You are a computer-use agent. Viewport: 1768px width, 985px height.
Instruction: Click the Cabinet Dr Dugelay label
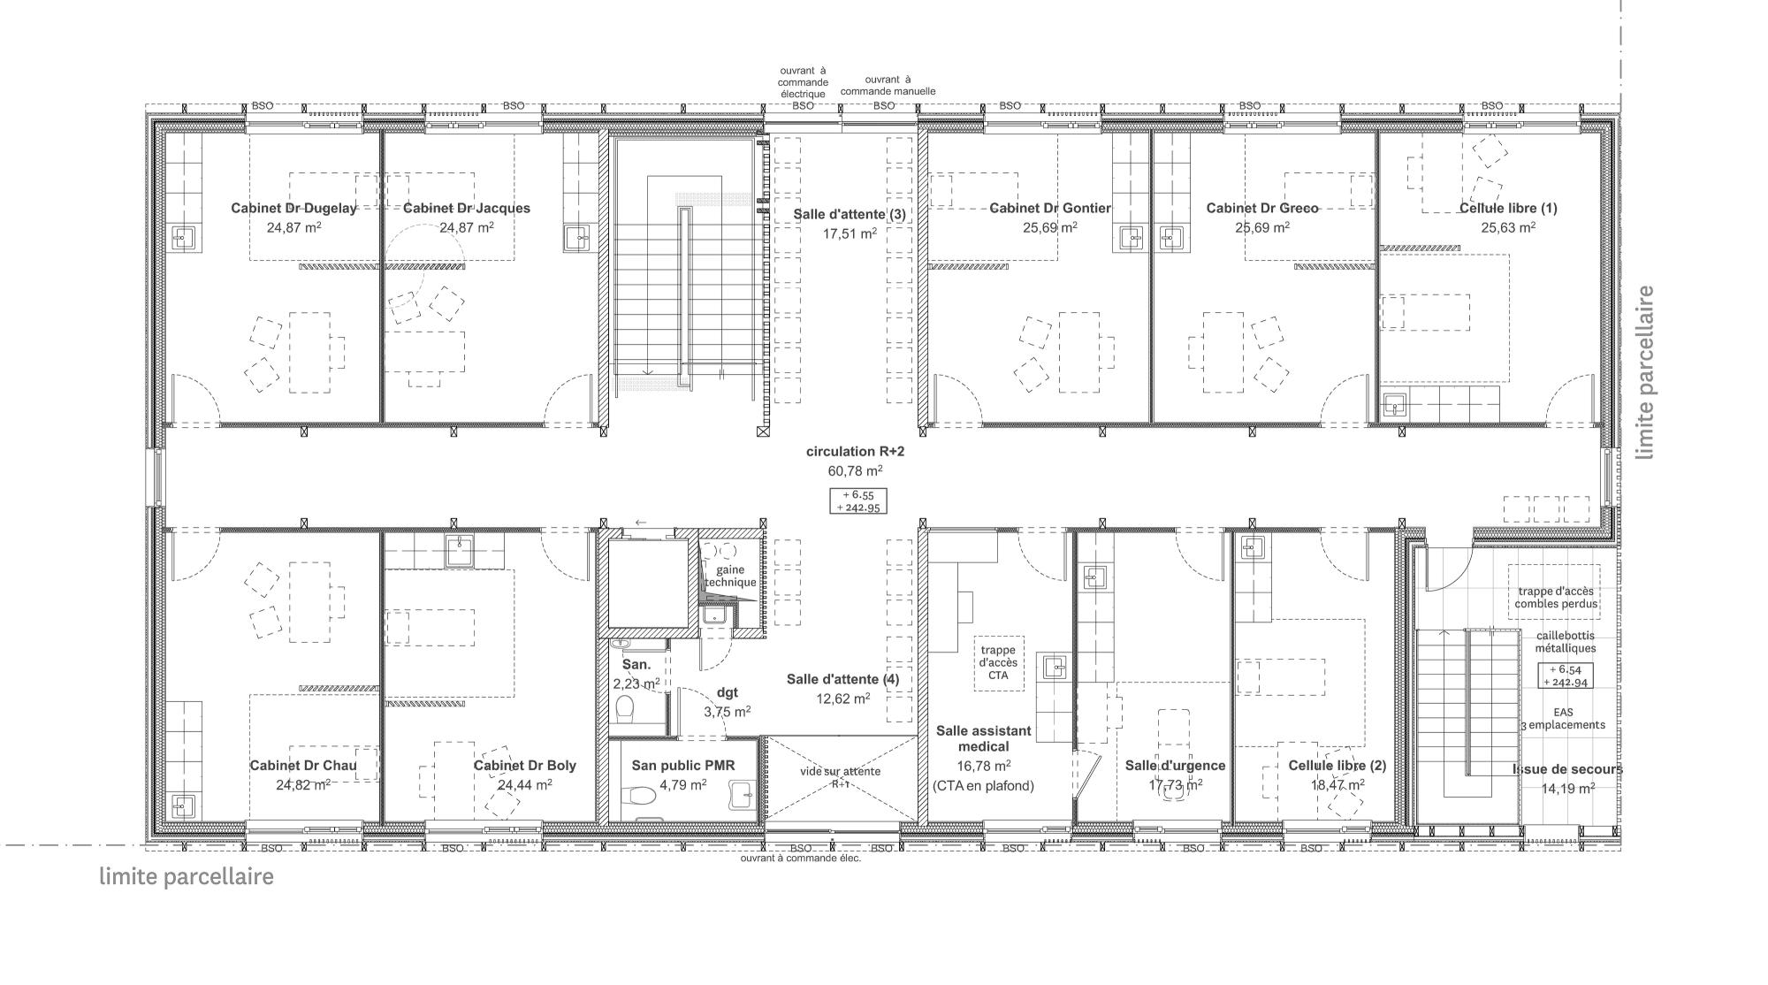pos(293,209)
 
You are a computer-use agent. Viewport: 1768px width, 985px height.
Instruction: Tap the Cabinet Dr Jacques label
pos(467,209)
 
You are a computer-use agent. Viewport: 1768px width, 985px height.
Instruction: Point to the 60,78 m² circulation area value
pos(855,470)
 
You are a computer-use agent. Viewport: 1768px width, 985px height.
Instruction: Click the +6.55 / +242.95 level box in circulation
pos(857,501)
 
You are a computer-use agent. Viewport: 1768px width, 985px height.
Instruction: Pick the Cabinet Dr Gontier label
pos(1050,209)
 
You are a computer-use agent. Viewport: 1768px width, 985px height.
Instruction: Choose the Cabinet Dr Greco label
pos(1262,209)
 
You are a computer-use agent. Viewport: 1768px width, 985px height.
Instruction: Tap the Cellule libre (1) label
pos(1508,209)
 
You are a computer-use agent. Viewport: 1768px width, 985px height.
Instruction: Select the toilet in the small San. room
pos(625,707)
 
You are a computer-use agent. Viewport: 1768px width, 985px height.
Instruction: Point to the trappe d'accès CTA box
pos(999,663)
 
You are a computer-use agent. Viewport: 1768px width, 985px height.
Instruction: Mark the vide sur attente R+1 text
pos(840,777)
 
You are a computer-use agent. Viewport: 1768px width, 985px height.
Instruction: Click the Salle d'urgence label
pos(1175,766)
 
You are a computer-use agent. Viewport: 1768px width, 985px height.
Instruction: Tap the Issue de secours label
pos(1567,769)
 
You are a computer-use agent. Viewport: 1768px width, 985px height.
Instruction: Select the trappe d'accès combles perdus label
pos(1556,598)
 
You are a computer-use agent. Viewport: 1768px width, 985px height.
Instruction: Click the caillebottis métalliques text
pos(1565,642)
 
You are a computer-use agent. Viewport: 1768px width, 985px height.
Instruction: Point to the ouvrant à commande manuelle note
pos(888,85)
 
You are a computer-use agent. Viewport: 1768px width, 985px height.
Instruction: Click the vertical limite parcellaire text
pos(1645,372)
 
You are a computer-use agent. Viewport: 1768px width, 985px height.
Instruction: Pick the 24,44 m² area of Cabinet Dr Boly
pos(525,784)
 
